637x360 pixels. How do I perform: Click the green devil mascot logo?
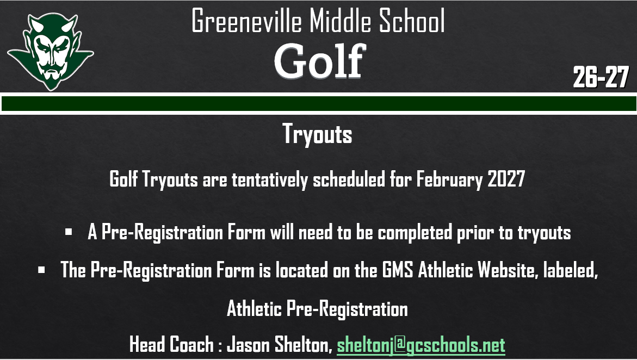click(x=51, y=51)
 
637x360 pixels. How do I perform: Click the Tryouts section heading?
click(x=317, y=134)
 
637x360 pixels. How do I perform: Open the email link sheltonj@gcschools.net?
click(x=421, y=344)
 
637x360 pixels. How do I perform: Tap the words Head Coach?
click(x=172, y=344)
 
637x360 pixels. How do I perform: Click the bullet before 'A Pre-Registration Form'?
click(x=69, y=232)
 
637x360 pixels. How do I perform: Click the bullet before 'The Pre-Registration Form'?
click(x=41, y=269)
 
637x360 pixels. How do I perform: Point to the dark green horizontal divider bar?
click(x=318, y=103)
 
